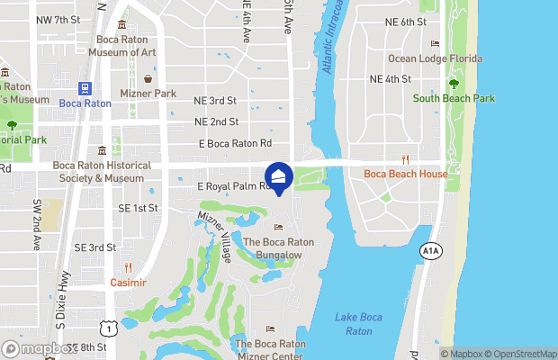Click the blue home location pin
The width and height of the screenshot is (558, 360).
click(x=280, y=176)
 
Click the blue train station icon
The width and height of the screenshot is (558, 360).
click(x=85, y=88)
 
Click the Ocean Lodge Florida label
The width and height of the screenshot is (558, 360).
click(x=435, y=59)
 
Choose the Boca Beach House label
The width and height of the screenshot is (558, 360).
click(x=405, y=174)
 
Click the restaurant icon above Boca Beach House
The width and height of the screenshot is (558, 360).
click(x=406, y=160)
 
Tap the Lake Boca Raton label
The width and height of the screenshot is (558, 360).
click(x=358, y=324)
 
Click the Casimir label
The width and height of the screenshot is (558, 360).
click(x=128, y=282)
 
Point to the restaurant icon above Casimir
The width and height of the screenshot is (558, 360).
click(x=129, y=268)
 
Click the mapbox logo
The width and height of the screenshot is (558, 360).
click(x=38, y=348)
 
